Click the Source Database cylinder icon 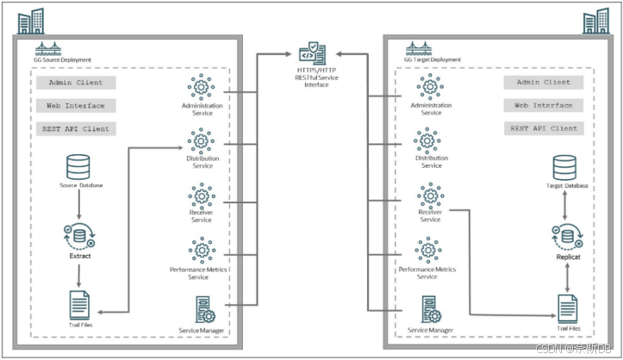[78, 167]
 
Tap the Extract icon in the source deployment [78, 233]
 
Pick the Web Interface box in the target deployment [543, 105]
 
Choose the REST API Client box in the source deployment [76, 127]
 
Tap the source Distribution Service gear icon [202, 140]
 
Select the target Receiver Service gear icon [430, 195]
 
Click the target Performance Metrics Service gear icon [428, 250]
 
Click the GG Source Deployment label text [65, 60]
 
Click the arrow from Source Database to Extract [78, 203]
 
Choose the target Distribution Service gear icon [430, 141]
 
